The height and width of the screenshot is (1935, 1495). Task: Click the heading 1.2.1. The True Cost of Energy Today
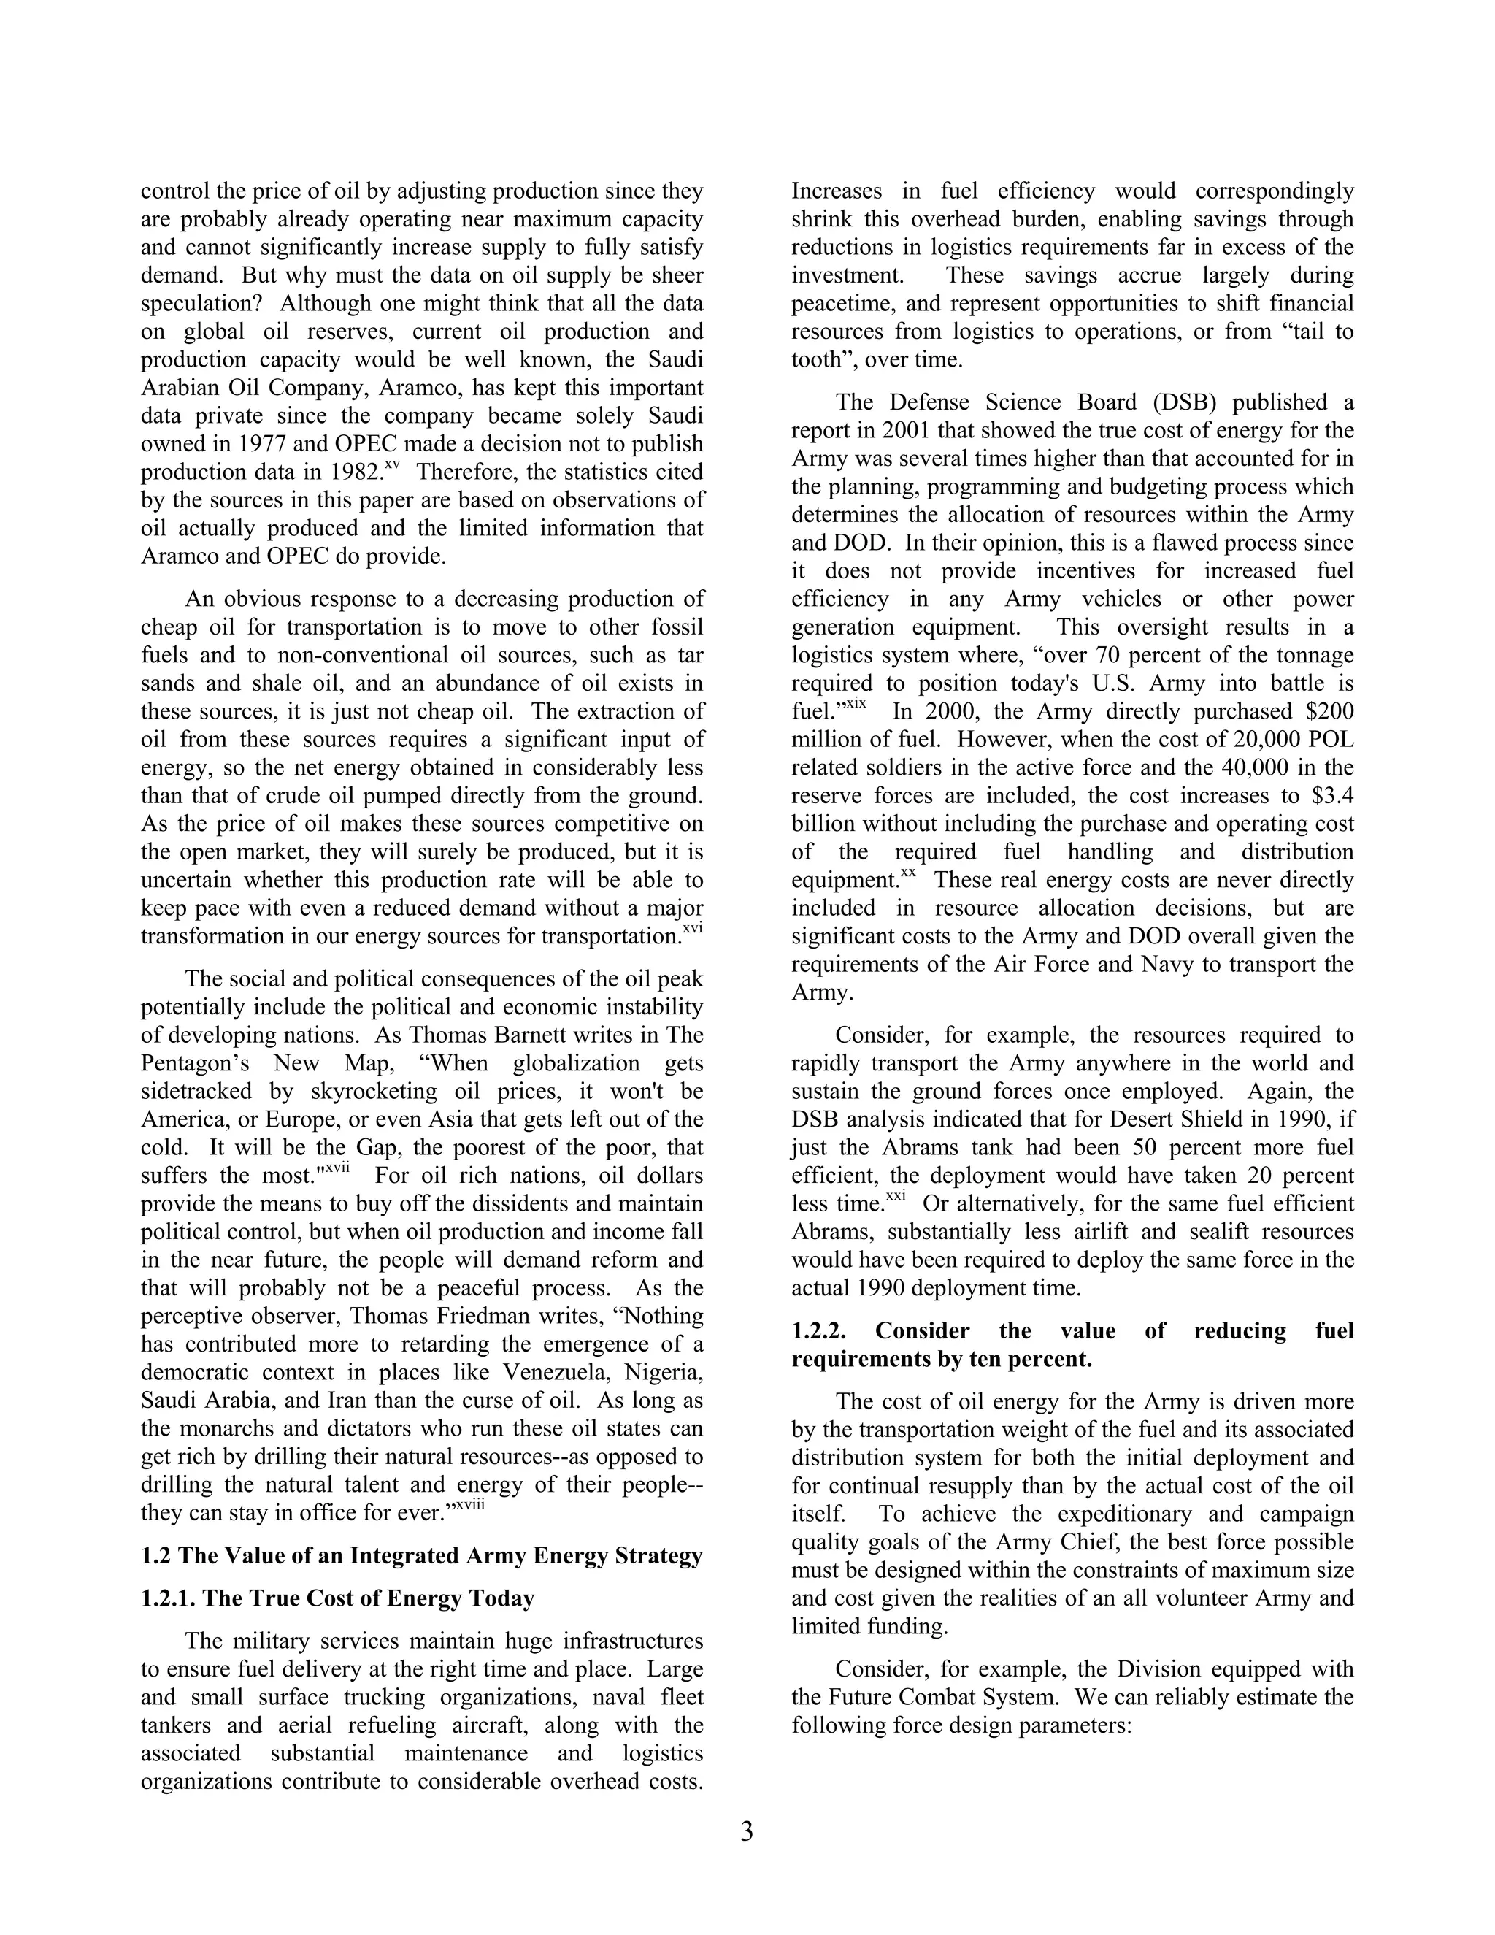click(337, 1598)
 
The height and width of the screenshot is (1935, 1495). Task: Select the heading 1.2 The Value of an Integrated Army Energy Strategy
click(422, 1556)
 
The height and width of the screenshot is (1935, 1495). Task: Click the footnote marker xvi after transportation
click(692, 929)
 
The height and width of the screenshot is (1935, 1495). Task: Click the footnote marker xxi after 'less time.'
click(896, 1196)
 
